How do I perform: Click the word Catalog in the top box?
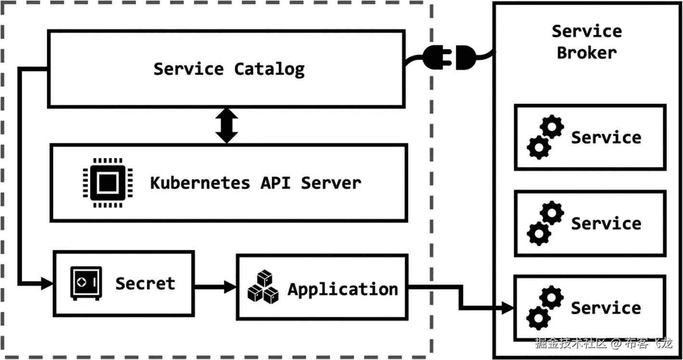(x=269, y=69)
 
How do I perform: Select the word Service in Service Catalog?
(x=188, y=69)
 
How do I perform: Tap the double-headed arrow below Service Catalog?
(x=227, y=125)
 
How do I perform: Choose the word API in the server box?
(x=275, y=183)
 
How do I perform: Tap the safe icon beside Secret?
(x=86, y=283)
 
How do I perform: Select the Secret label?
(x=145, y=283)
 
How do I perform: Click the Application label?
(x=343, y=289)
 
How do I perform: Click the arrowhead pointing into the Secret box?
(x=46, y=283)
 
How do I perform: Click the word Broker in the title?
(x=586, y=52)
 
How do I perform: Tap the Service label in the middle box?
(x=606, y=223)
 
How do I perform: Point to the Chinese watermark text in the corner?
(x=604, y=343)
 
